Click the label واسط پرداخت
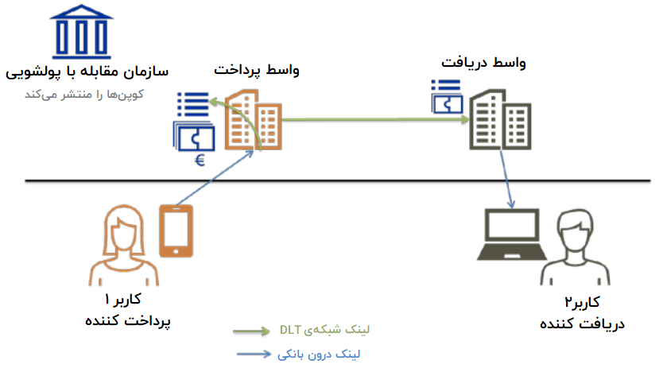click(257, 70)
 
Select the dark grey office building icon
click(498, 119)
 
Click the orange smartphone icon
click(176, 230)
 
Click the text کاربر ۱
click(122, 300)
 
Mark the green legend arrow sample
click(253, 331)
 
